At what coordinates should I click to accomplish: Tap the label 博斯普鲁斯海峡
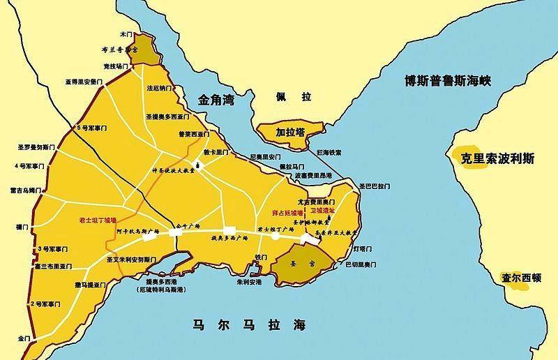pos(448,81)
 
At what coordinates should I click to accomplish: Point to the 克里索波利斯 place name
pos(498,158)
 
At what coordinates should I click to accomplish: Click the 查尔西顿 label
pos(521,276)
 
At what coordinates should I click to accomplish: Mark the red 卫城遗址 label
pos(322,211)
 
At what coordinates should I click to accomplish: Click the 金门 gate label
pos(24,338)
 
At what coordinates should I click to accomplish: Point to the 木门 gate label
pos(126,33)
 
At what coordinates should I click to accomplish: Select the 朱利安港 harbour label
pos(250,283)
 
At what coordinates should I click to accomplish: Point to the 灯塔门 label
pos(362,248)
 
